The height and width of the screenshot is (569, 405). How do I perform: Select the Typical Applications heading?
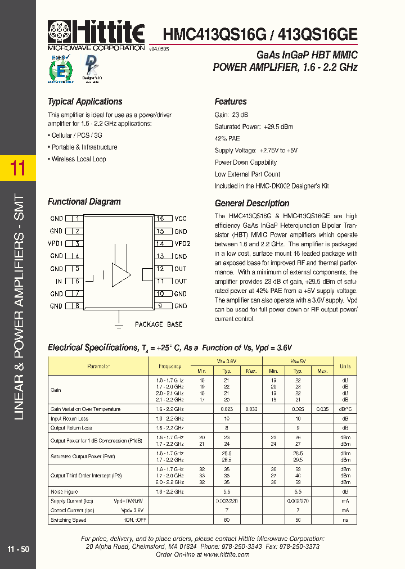(x=85, y=102)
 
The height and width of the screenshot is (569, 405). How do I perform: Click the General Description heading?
(x=252, y=204)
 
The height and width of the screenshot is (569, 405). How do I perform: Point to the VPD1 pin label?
(x=56, y=243)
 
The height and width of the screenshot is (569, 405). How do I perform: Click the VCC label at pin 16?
(x=181, y=219)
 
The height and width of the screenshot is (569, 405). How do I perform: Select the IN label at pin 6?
(x=58, y=281)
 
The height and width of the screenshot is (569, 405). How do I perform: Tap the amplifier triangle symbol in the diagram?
(x=121, y=274)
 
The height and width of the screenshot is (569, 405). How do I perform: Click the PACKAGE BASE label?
(x=159, y=324)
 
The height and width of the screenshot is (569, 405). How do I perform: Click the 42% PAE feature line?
(x=227, y=138)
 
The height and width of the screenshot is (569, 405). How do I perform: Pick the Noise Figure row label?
(x=64, y=492)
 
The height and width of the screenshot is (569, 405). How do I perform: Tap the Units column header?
(x=345, y=366)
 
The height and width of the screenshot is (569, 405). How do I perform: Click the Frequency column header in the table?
(x=170, y=366)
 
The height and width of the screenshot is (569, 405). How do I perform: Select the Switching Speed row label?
(x=68, y=520)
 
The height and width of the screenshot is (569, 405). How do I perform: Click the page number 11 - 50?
(x=19, y=549)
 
